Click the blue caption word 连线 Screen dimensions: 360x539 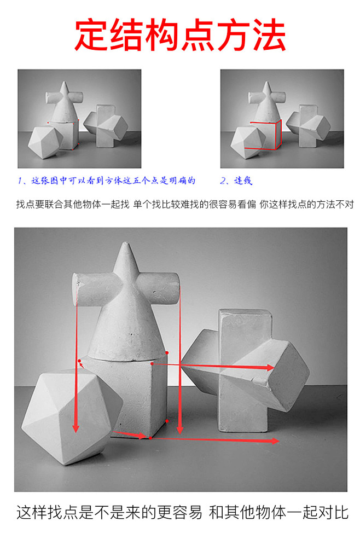point(243,181)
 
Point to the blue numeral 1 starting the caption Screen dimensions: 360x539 point(20,181)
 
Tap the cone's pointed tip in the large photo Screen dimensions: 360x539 point(126,244)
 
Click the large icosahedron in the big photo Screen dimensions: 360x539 point(72,417)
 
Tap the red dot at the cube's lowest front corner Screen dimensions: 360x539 point(150,438)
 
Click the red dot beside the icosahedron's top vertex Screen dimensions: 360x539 point(79,361)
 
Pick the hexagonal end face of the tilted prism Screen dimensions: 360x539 point(288,375)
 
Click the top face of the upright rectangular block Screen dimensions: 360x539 point(246,312)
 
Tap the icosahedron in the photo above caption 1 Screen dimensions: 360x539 point(45,142)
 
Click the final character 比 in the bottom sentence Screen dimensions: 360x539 point(341,512)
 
